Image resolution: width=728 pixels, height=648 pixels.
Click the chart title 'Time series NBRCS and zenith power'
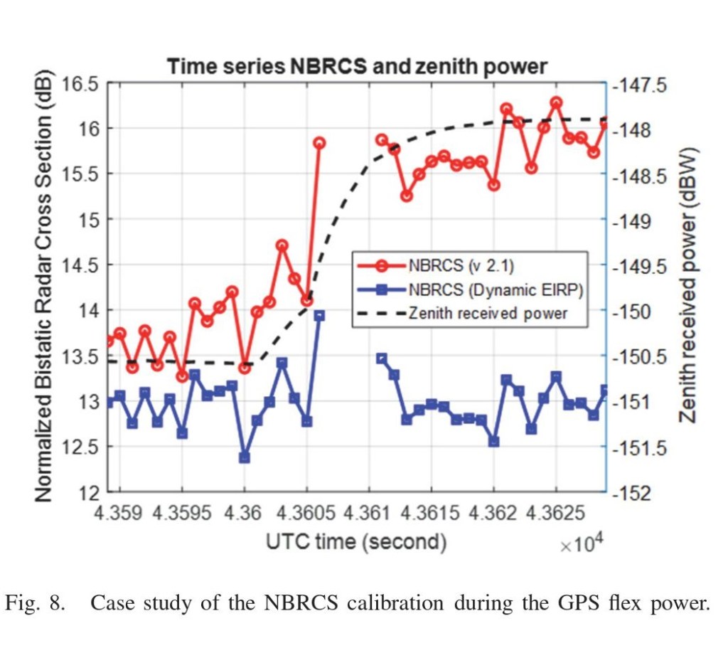click(357, 67)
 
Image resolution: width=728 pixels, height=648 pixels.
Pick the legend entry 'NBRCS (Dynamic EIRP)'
click(495, 290)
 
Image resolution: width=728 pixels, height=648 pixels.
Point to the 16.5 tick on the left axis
click(79, 84)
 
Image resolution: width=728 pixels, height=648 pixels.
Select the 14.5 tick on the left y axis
click(79, 265)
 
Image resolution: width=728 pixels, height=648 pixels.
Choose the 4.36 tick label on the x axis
click(245, 513)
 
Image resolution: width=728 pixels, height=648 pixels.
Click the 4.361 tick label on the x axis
click(369, 513)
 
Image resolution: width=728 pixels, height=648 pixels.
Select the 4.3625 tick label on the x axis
click(556, 513)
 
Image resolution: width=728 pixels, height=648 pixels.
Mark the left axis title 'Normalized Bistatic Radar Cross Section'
click(45, 285)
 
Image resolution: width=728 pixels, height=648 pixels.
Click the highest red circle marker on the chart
click(556, 102)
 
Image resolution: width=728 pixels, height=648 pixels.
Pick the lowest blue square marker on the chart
click(245, 457)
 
